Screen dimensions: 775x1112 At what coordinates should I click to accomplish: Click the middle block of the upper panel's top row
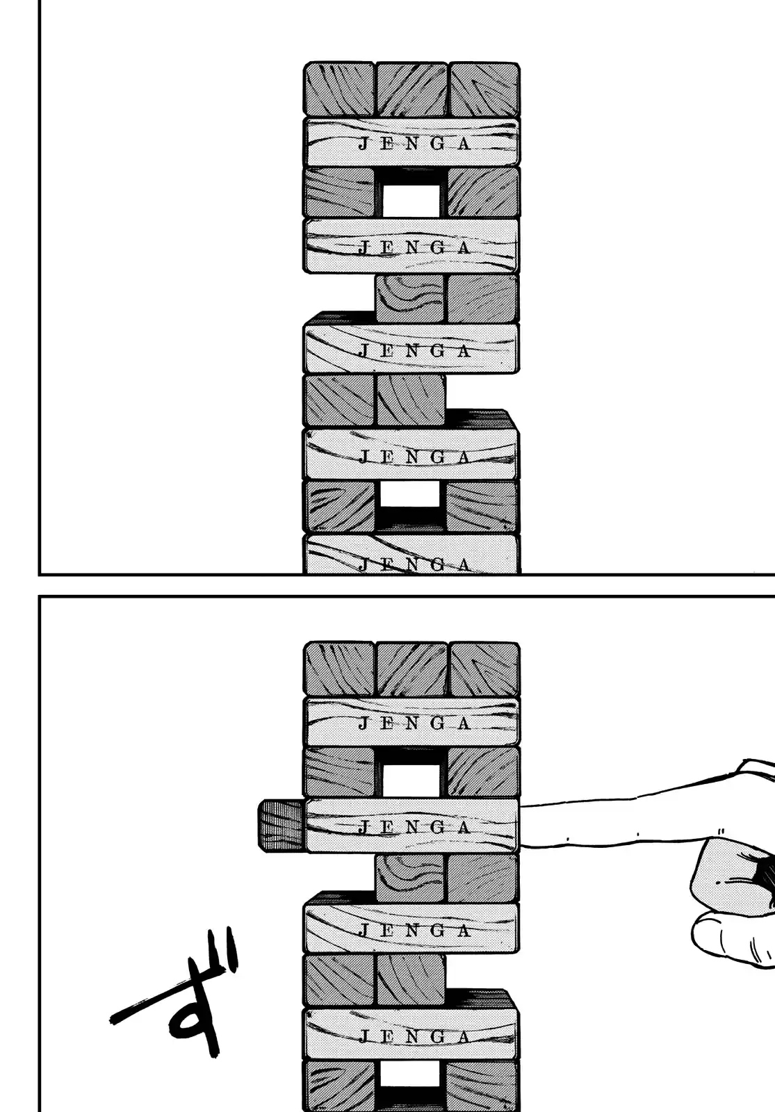coord(411,90)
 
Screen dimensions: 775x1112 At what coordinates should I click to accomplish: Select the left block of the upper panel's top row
coord(340,90)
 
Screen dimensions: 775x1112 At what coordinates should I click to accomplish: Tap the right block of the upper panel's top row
coord(484,90)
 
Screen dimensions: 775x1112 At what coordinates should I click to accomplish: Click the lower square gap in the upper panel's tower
coord(411,494)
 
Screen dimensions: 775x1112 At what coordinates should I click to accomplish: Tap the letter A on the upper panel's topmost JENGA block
coord(465,144)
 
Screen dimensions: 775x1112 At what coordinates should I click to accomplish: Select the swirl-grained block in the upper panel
coord(411,298)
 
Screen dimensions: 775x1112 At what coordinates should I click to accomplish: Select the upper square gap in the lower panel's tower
coord(411,780)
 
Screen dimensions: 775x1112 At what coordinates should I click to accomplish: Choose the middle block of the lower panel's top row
coord(411,669)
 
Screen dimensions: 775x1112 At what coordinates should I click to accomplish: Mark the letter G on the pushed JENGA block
coord(438,827)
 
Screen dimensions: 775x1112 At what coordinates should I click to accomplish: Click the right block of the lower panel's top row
coord(484,669)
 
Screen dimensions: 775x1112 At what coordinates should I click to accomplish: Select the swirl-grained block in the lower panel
coord(411,878)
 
